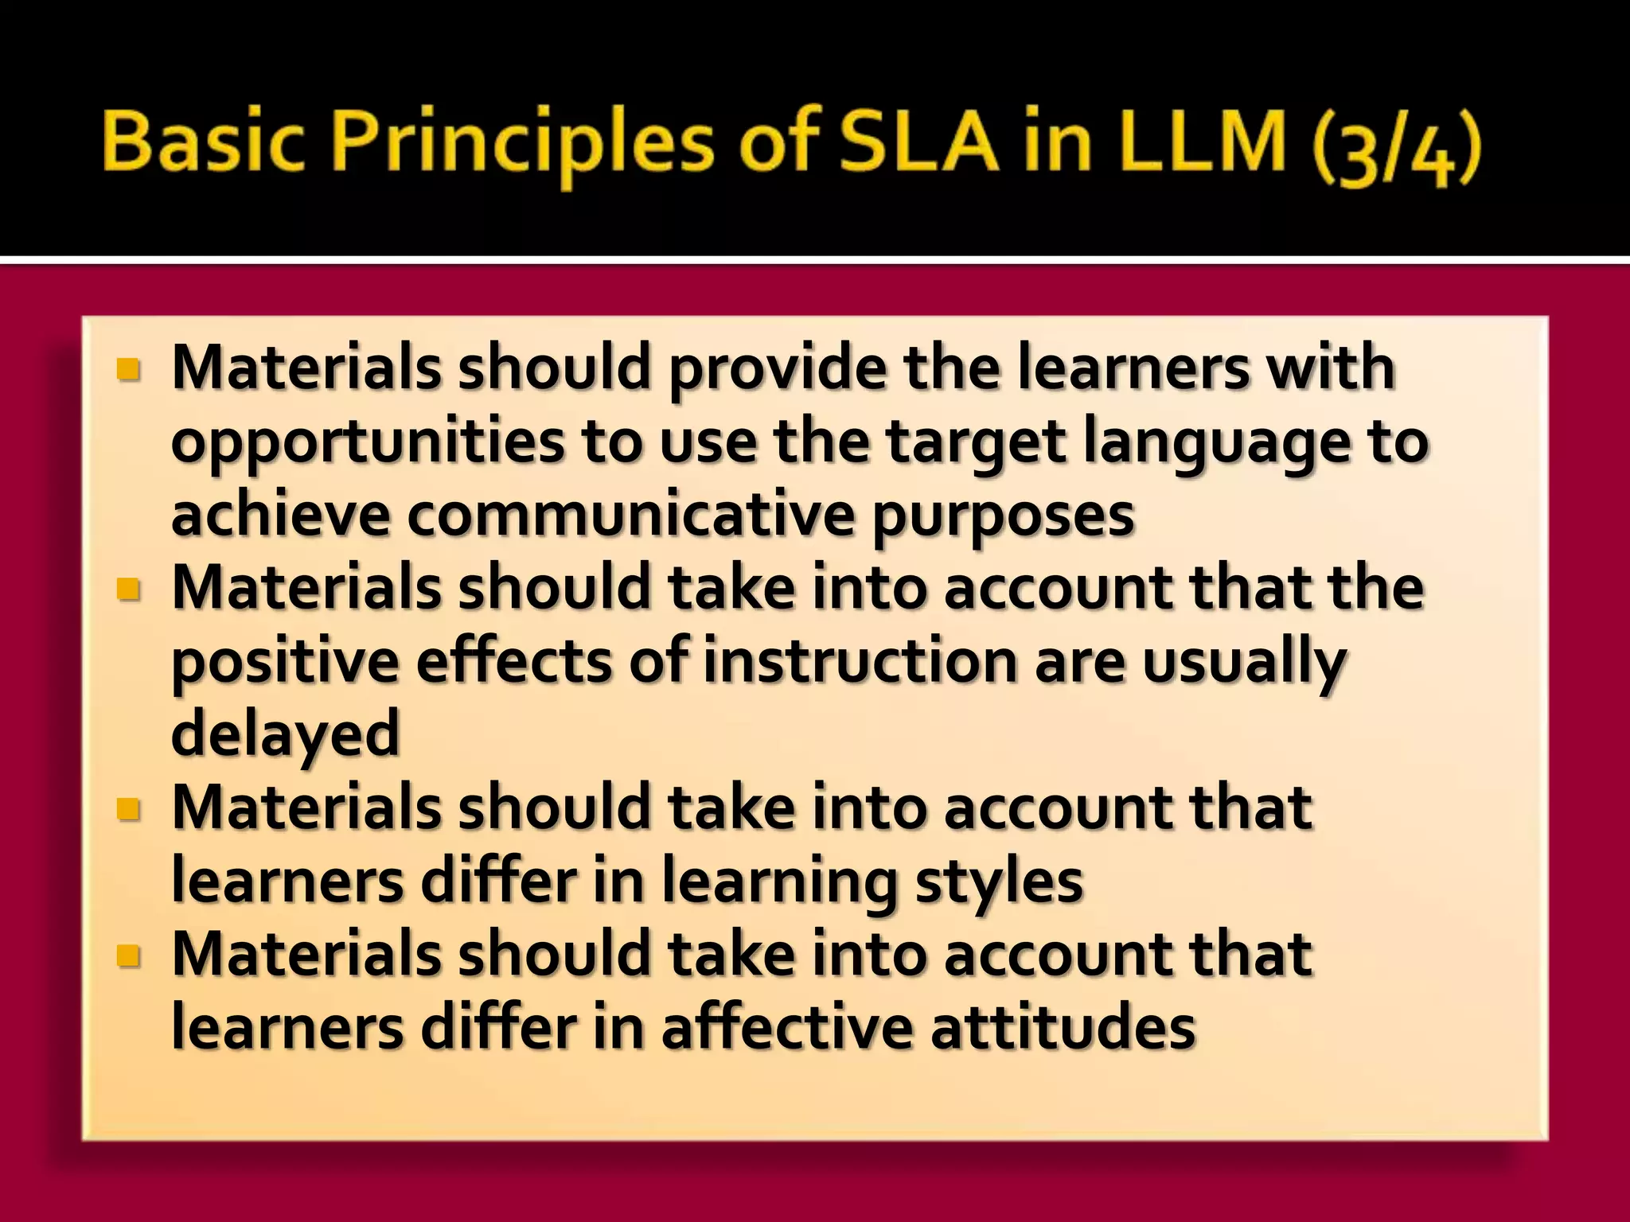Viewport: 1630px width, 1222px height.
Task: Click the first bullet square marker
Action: click(x=127, y=370)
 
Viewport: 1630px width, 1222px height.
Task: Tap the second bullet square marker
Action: click(x=127, y=590)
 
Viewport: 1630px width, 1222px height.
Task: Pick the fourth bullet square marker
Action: click(x=127, y=955)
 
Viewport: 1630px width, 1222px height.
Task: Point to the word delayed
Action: click(x=285, y=736)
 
